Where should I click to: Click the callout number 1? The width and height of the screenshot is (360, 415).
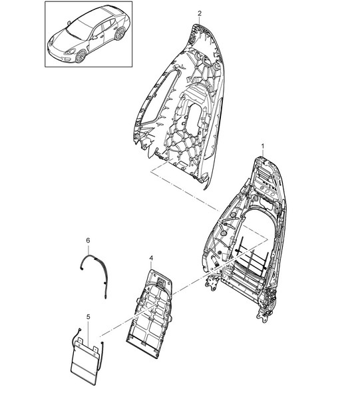(262, 146)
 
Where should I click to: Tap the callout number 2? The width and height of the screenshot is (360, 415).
(200, 13)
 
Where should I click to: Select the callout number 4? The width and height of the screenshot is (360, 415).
(151, 258)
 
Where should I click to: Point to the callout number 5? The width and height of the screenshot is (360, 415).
(89, 316)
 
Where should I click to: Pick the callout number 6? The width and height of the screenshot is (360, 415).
(88, 240)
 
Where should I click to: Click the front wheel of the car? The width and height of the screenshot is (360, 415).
(81, 56)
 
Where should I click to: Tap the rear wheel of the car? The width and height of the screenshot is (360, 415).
(120, 33)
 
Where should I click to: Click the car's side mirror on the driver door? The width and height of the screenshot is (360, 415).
(94, 37)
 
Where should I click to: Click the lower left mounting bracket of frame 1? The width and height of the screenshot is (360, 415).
(212, 283)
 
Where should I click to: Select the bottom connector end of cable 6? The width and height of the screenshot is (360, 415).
(106, 296)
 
